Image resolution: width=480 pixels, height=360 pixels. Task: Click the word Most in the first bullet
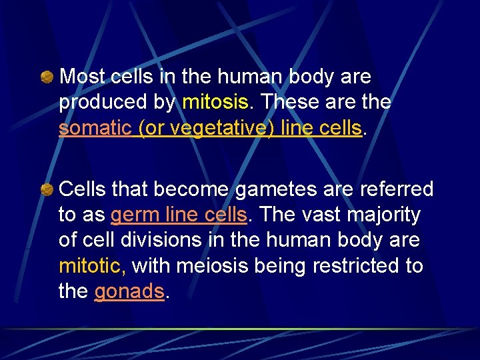pos(83,77)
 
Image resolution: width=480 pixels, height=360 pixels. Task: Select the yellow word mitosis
pos(215,103)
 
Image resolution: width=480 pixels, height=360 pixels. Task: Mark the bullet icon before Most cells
pos(47,78)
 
